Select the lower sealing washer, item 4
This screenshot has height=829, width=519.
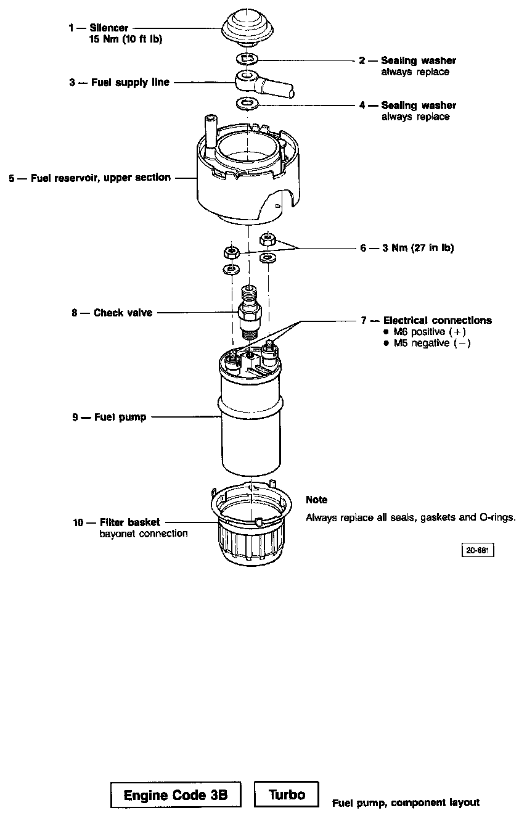point(248,102)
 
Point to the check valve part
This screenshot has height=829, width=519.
point(250,312)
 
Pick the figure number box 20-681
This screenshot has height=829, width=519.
point(478,550)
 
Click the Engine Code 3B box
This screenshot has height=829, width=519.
point(176,795)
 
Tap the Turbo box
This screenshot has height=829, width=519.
point(287,794)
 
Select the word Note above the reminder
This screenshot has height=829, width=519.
point(317,500)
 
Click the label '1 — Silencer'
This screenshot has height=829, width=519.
point(99,28)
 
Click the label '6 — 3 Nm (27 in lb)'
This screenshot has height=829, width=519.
point(407,248)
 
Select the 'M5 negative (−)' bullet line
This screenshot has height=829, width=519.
point(427,343)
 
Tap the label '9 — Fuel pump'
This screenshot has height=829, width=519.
point(109,417)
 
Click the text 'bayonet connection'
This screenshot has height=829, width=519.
point(144,534)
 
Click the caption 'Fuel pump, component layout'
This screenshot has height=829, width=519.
point(406,802)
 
